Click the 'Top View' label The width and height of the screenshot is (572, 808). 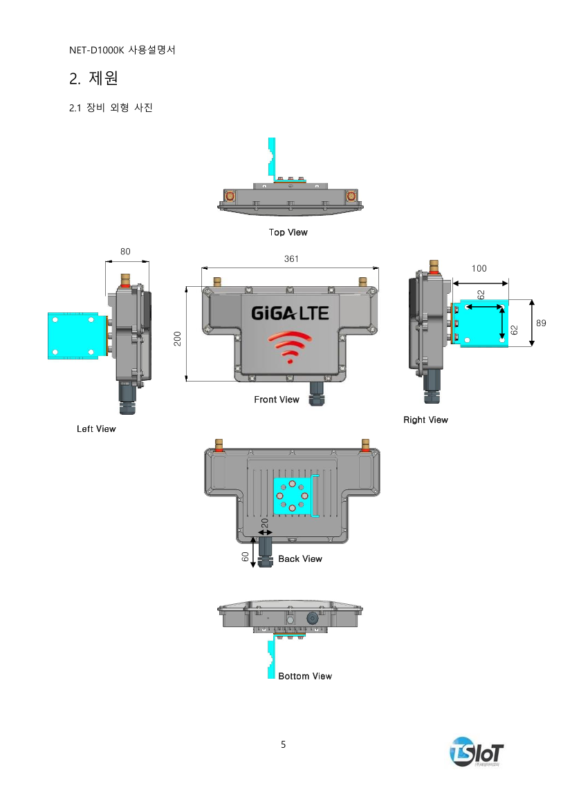288,232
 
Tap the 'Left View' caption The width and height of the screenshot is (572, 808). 96,429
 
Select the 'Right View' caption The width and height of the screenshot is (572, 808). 425,420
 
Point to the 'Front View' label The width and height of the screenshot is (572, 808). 277,400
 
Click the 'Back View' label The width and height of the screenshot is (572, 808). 300,559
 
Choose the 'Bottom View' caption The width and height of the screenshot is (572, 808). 305,676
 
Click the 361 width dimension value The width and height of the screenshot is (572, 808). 291,259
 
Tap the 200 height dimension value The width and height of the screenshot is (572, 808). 178,339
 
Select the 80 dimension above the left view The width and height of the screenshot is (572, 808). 125,252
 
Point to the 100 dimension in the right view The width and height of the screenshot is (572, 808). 479,268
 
